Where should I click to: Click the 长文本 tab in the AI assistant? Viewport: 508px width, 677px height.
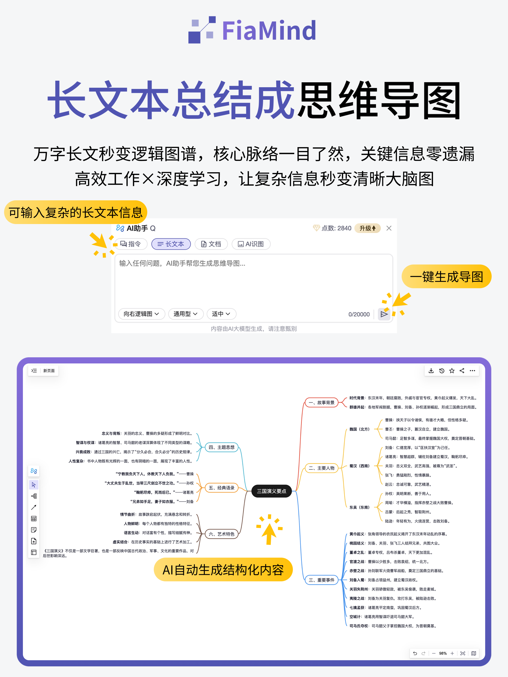tap(171, 244)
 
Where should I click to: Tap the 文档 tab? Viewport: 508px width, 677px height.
tap(211, 244)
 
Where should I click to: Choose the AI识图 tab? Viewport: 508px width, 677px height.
tap(251, 244)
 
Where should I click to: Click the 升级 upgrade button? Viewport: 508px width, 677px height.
tap(367, 228)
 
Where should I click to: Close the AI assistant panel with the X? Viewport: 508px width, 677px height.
tap(389, 228)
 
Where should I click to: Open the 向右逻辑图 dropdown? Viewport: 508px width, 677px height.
tap(142, 314)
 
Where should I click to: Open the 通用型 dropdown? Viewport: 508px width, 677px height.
tap(186, 314)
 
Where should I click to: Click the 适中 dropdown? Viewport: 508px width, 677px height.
tap(221, 314)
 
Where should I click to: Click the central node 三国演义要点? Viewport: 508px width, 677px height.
tap(271, 491)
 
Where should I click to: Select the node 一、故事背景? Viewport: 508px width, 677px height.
tap(321, 403)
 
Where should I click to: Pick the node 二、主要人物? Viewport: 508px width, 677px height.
tap(321, 468)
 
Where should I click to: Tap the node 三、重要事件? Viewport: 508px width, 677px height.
tap(321, 580)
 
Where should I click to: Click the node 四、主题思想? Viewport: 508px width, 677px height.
tap(221, 447)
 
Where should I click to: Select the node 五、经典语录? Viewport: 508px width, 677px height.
tap(221, 488)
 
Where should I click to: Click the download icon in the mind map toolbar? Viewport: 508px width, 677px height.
tap(431, 371)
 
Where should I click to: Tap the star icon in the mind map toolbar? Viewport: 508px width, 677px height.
tap(452, 371)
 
